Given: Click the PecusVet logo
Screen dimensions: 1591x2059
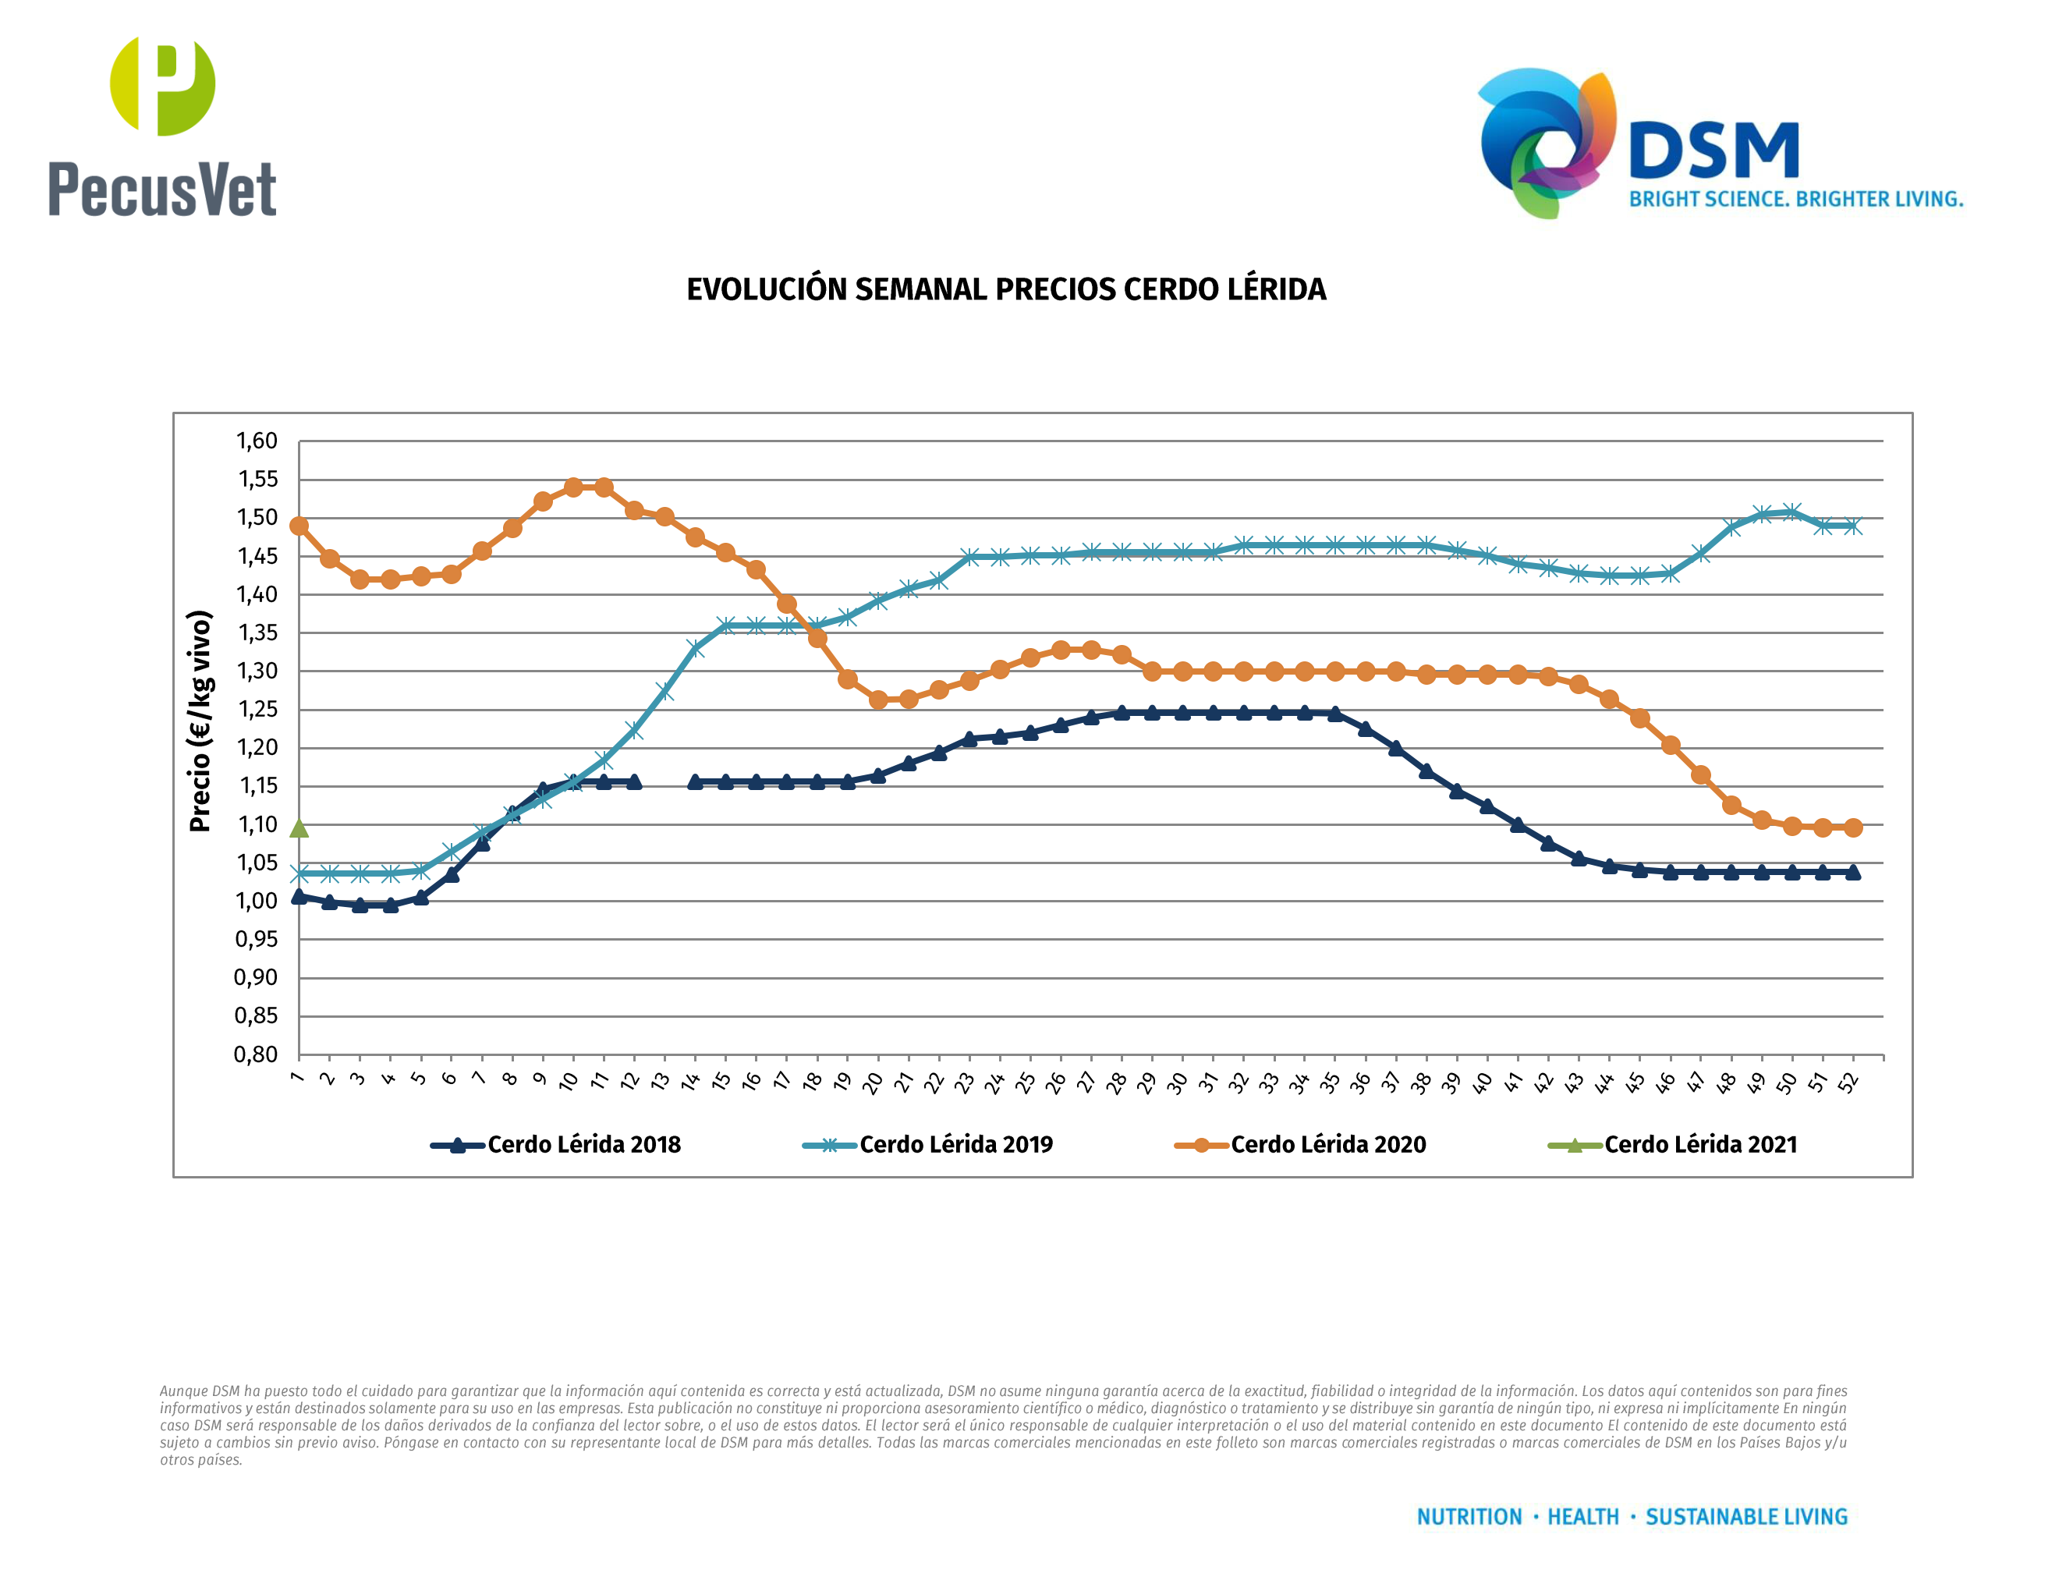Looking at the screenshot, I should point(162,127).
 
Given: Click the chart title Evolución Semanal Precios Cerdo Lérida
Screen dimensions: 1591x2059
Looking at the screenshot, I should point(1006,289).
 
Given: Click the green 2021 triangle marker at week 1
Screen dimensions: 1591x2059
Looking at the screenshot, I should point(299,828).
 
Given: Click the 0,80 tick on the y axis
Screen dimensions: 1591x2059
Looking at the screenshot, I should point(257,1054).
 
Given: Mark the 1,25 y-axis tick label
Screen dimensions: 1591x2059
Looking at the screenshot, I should point(257,710).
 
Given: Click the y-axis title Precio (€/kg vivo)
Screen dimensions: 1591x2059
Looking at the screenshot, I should point(200,721).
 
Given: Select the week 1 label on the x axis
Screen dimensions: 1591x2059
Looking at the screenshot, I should point(298,1077).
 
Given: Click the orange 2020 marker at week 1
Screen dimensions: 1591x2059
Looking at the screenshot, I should point(299,526).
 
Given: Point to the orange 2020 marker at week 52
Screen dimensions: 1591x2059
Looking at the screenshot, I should point(1852,827).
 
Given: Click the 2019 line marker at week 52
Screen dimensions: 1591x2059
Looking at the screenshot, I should point(1852,526).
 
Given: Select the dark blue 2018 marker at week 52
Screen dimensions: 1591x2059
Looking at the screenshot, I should point(1852,872).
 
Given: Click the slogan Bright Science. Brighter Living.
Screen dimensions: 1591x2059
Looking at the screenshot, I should point(1796,199).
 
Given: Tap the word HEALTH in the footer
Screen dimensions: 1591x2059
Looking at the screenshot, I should point(1583,1517).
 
